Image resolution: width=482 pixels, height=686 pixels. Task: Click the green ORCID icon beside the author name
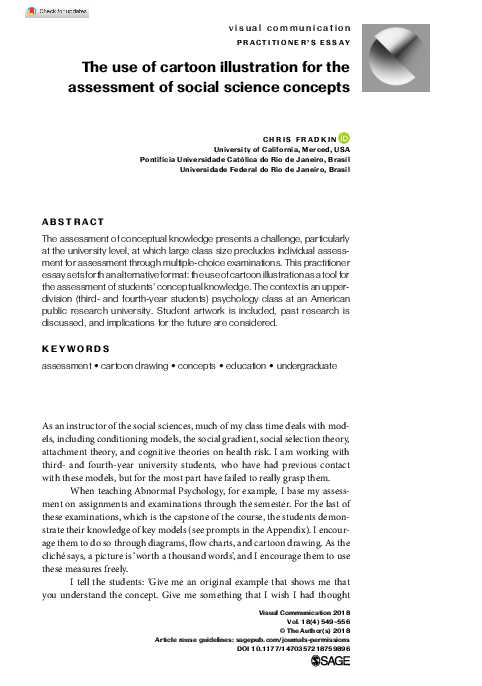[344, 137]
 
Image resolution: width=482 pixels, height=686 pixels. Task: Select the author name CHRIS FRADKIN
[299, 138]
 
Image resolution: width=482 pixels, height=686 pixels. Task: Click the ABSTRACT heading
[72, 221]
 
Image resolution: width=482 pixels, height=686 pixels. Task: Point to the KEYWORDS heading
[74, 349]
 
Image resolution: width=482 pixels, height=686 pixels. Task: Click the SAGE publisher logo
[333, 662]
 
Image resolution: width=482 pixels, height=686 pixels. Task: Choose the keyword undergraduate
[302, 368]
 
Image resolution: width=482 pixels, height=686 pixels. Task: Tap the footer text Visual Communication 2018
[304, 609]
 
